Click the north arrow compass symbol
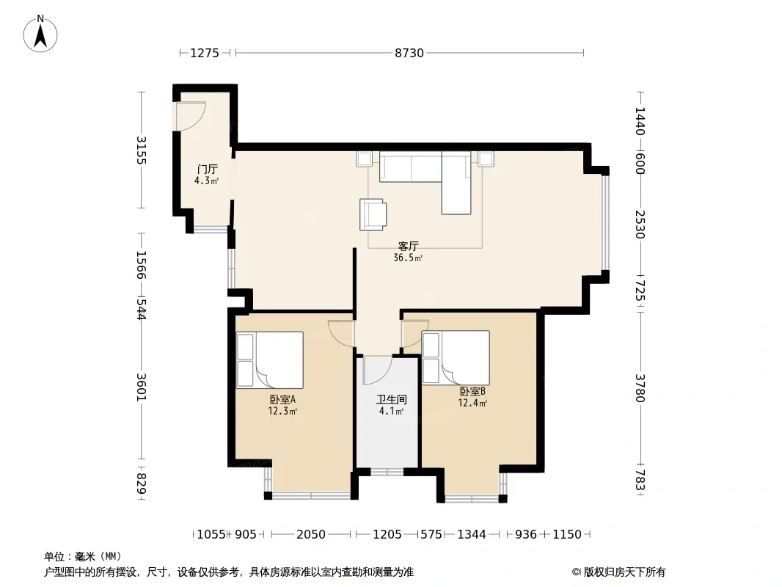click(x=40, y=34)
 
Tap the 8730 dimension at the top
click(x=409, y=53)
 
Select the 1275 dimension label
click(x=205, y=53)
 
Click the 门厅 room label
click(x=207, y=169)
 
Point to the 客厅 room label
click(x=408, y=246)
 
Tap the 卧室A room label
click(x=282, y=399)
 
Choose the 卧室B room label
click(x=472, y=392)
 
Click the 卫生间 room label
click(x=392, y=399)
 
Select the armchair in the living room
click(x=373, y=214)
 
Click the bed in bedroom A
click(x=270, y=360)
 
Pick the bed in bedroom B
click(x=456, y=357)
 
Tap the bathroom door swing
click(x=378, y=371)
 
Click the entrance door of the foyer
click(x=189, y=116)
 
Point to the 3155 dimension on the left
click(x=141, y=150)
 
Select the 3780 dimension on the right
click(x=640, y=388)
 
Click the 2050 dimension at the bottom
click(x=311, y=535)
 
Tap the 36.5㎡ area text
click(x=408, y=258)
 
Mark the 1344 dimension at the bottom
click(x=471, y=535)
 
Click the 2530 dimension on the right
click(x=640, y=225)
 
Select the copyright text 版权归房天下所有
click(x=624, y=572)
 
